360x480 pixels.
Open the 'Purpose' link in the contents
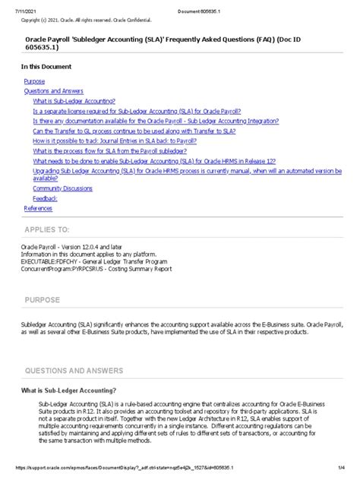tap(34, 81)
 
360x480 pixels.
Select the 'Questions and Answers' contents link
tap(53, 90)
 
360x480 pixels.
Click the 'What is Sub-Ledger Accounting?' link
tap(74, 101)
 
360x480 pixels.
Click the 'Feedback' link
tap(45, 197)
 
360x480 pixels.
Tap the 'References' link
tap(38, 207)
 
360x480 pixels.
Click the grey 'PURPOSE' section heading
tap(47, 300)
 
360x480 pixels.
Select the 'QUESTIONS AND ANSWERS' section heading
tap(73, 371)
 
